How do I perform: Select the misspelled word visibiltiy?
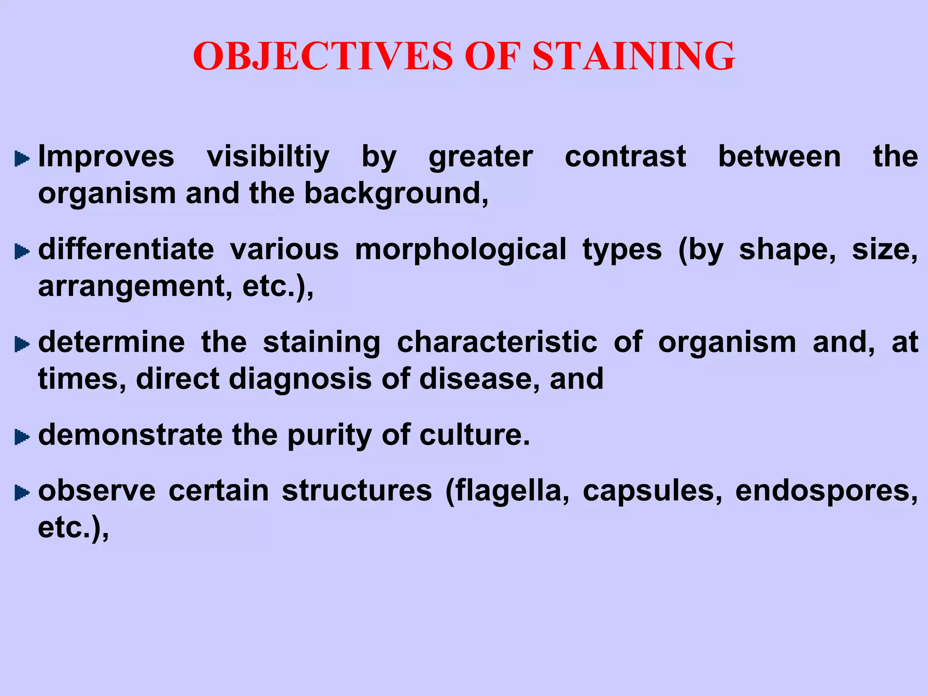click(268, 157)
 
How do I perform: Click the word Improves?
click(106, 157)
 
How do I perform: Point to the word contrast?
click(625, 157)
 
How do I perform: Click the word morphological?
click(460, 250)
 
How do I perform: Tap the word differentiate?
click(126, 250)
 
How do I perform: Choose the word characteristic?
click(497, 342)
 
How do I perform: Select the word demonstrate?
click(130, 435)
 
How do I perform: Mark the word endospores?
click(826, 491)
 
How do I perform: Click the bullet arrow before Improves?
click(21, 159)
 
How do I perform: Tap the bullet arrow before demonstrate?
click(21, 437)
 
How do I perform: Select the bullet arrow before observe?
click(21, 493)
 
